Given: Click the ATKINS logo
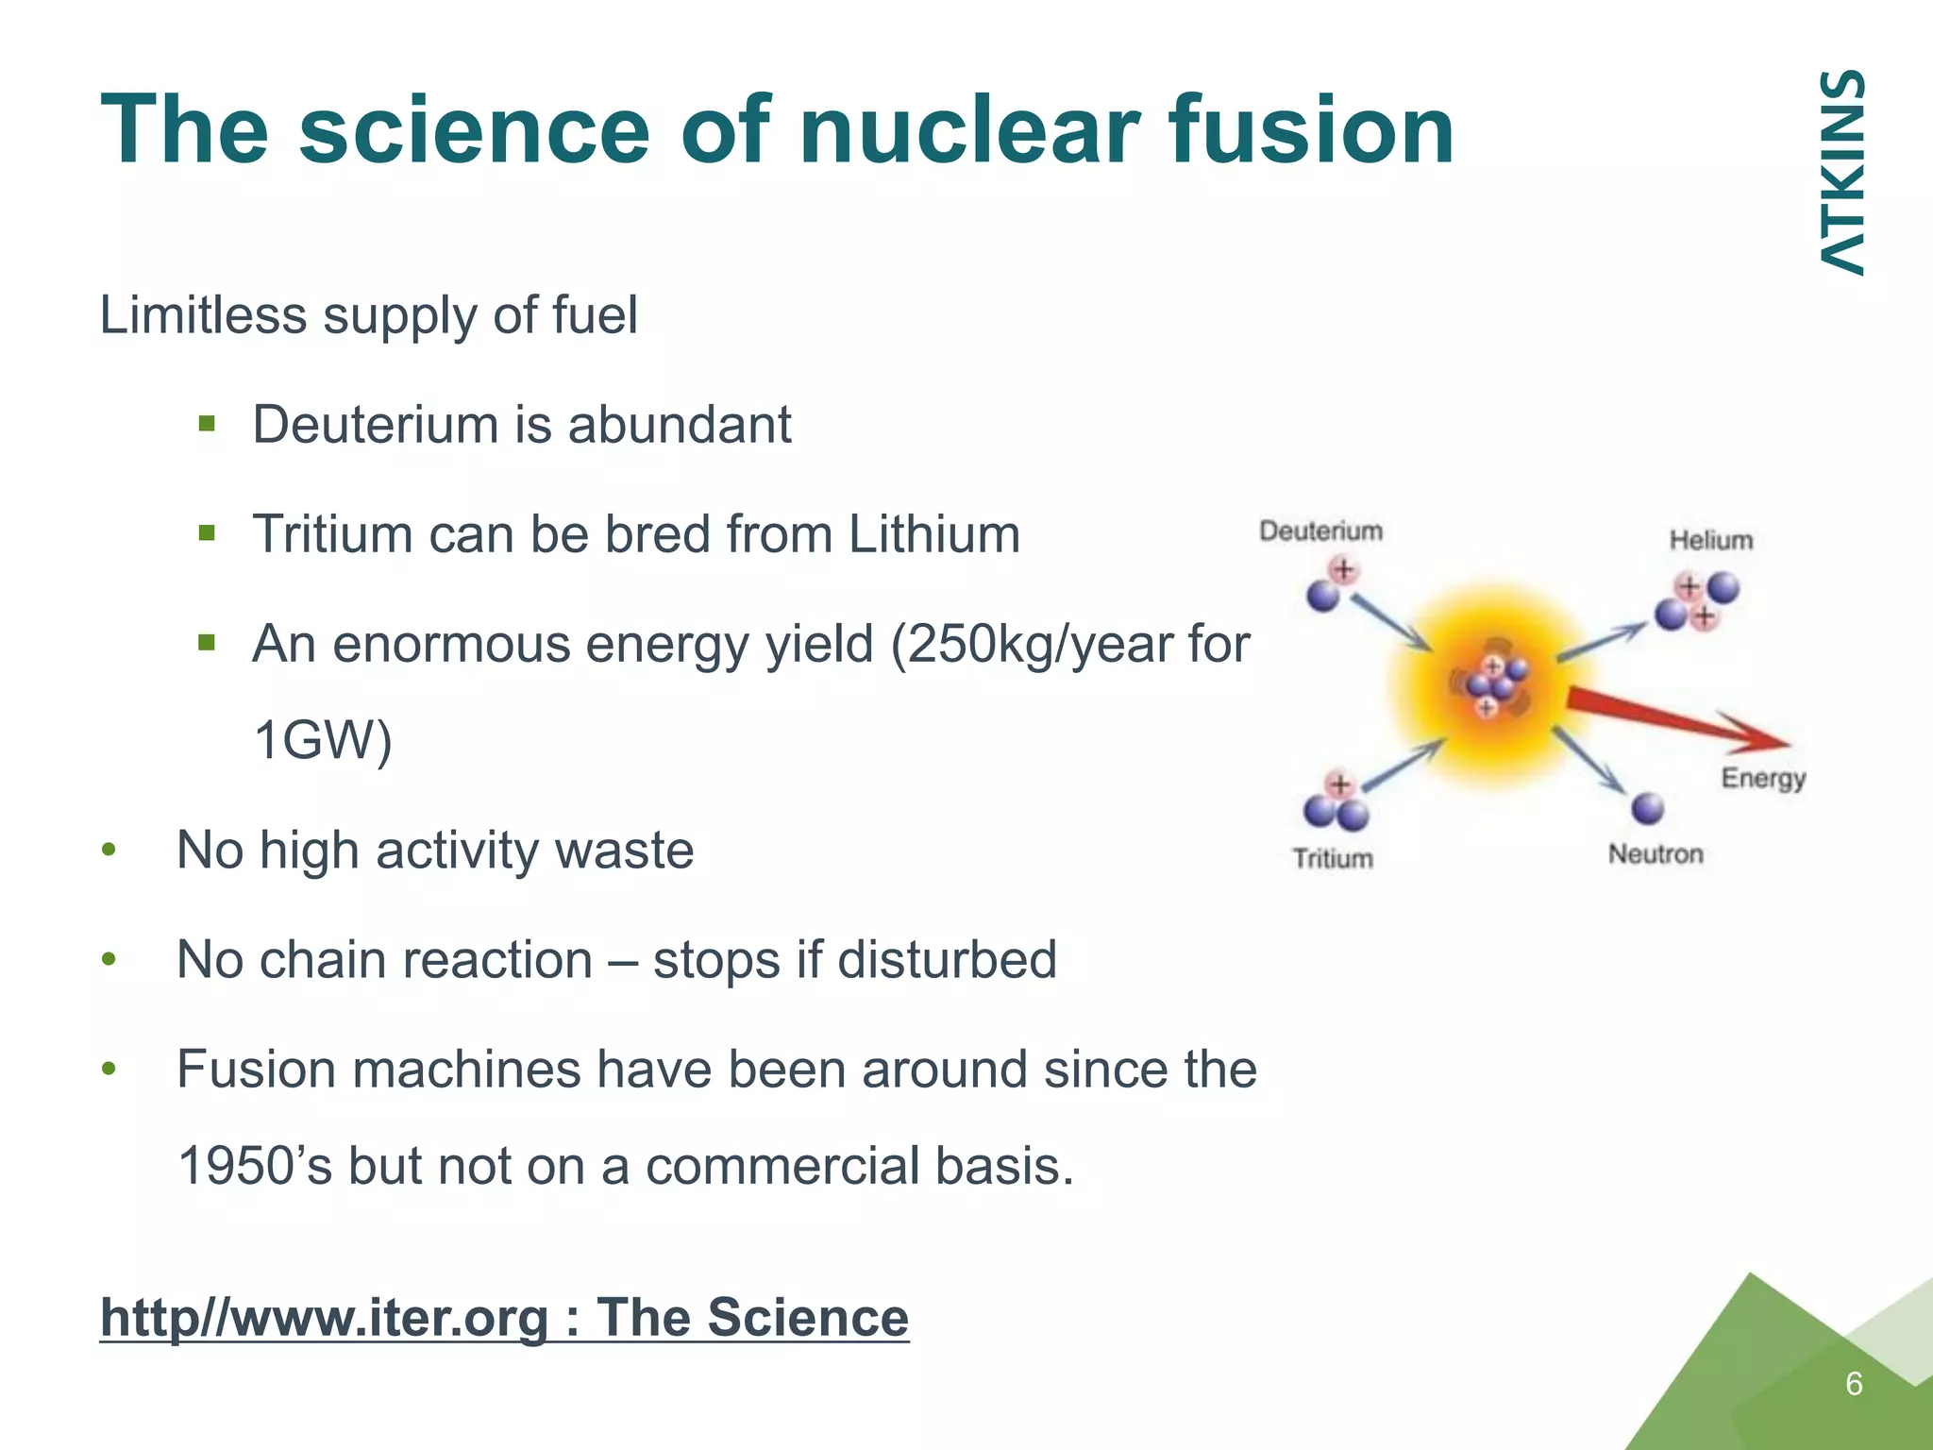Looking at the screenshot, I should [1841, 173].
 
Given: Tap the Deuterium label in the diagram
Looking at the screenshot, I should [1320, 531].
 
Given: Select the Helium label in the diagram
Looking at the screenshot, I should [1710, 540].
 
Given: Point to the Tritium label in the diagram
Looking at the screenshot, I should [1333, 858].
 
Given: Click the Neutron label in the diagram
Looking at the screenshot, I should [1656, 853].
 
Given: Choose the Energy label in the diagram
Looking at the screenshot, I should [1763, 778].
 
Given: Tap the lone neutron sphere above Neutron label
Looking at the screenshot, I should [1647, 808].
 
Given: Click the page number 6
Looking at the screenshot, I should [1854, 1384].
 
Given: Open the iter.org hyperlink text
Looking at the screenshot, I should [504, 1318].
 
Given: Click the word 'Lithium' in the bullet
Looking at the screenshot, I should [933, 534].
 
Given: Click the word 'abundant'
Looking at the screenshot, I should [679, 425].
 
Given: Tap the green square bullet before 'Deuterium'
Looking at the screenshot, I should [208, 423].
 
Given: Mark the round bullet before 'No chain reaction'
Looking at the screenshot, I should [109, 960].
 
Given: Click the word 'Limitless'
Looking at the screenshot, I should [203, 314].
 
